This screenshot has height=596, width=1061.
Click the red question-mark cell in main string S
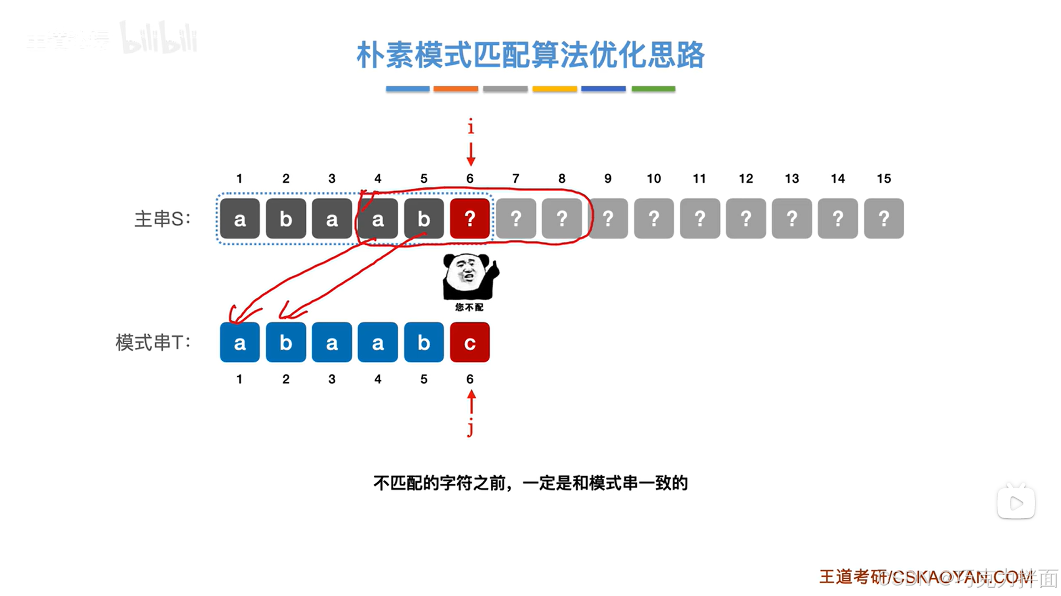pyautogui.click(x=469, y=219)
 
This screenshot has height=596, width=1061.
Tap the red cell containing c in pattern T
pyautogui.click(x=469, y=342)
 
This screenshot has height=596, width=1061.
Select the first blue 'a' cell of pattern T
pyautogui.click(x=239, y=342)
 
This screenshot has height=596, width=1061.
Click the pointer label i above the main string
pyautogui.click(x=471, y=126)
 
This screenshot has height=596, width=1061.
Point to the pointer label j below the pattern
pyautogui.click(x=470, y=428)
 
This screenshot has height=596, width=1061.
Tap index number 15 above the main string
pyautogui.click(x=884, y=178)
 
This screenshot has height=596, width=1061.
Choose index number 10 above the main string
pyautogui.click(x=654, y=178)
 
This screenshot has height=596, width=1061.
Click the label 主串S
pyautogui.click(x=162, y=219)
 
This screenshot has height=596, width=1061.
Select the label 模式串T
pyautogui.click(x=153, y=342)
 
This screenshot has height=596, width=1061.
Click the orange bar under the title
pyautogui.click(x=456, y=88)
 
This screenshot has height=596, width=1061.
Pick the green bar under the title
pyautogui.click(x=653, y=88)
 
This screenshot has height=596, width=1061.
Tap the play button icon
pyautogui.click(x=1016, y=503)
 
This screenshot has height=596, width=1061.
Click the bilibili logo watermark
pyautogui.click(x=159, y=39)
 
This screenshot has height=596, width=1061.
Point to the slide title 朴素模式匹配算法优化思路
pyautogui.click(x=530, y=55)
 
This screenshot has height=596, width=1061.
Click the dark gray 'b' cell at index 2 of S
pyautogui.click(x=286, y=219)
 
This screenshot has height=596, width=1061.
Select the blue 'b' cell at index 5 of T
pyautogui.click(x=424, y=342)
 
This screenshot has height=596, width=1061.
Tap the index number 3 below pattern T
pyautogui.click(x=332, y=379)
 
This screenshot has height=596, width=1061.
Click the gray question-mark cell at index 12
pyautogui.click(x=745, y=219)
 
